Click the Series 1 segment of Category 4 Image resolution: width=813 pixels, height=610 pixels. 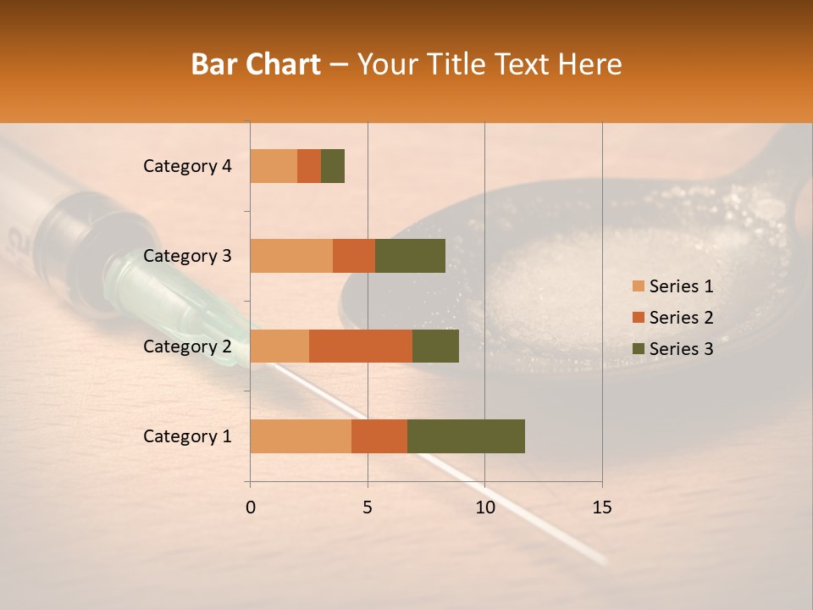point(274,166)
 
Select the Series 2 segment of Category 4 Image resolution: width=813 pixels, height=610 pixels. point(309,166)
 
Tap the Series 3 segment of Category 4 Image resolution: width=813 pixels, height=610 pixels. point(333,166)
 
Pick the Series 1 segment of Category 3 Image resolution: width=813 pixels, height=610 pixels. point(291,256)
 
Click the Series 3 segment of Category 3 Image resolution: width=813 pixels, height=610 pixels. point(410,256)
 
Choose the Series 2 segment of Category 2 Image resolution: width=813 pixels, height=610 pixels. point(361,346)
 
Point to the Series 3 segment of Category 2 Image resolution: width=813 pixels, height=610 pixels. point(435,346)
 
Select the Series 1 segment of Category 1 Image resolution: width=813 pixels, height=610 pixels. point(301,436)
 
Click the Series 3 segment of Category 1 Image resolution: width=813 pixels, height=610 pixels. point(466,436)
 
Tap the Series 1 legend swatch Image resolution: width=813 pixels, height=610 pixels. point(638,286)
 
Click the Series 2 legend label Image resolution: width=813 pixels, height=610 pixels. point(681,318)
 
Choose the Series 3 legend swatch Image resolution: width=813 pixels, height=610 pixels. point(638,349)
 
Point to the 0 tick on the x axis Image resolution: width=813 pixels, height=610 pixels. point(251,507)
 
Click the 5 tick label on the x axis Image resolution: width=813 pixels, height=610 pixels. point(368,507)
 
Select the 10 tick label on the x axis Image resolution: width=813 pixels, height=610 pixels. point(484,507)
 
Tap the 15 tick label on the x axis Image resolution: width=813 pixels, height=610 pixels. point(602,507)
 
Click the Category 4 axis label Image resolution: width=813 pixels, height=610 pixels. point(187,166)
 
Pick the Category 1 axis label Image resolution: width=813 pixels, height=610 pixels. point(187,436)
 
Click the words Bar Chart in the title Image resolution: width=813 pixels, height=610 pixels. point(256,64)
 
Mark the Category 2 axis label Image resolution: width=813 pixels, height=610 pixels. point(187,346)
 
